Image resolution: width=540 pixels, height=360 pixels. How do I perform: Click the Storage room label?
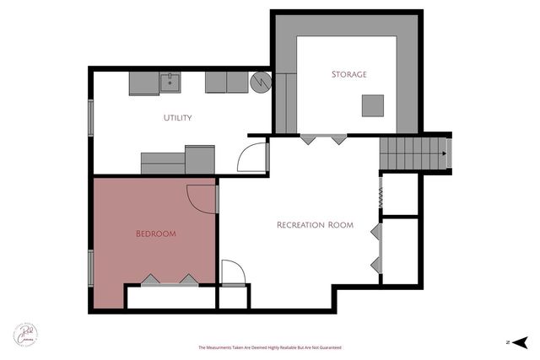[x=348, y=74]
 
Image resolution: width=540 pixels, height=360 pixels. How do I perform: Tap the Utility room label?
[x=177, y=118]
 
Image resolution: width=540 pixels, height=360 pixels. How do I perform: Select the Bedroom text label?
[x=156, y=234]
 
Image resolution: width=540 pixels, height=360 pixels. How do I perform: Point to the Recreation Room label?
[x=315, y=225]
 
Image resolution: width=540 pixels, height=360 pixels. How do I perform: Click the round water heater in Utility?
[x=262, y=82]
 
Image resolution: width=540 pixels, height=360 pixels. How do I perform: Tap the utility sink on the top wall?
[x=170, y=82]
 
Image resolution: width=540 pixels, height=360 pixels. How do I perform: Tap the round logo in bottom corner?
[x=25, y=333]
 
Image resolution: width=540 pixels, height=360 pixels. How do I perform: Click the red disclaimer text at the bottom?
[x=270, y=347]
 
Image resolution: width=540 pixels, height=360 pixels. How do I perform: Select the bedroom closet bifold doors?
[x=170, y=280]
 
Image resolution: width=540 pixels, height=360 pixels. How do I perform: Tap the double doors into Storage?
[x=324, y=138]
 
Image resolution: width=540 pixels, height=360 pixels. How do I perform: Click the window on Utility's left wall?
[x=91, y=117]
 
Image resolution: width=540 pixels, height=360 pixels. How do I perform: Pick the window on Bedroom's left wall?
[x=91, y=268]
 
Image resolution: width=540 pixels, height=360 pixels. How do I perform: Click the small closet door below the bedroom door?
[x=232, y=272]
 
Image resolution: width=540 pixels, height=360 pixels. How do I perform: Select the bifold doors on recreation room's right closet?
[x=376, y=246]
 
